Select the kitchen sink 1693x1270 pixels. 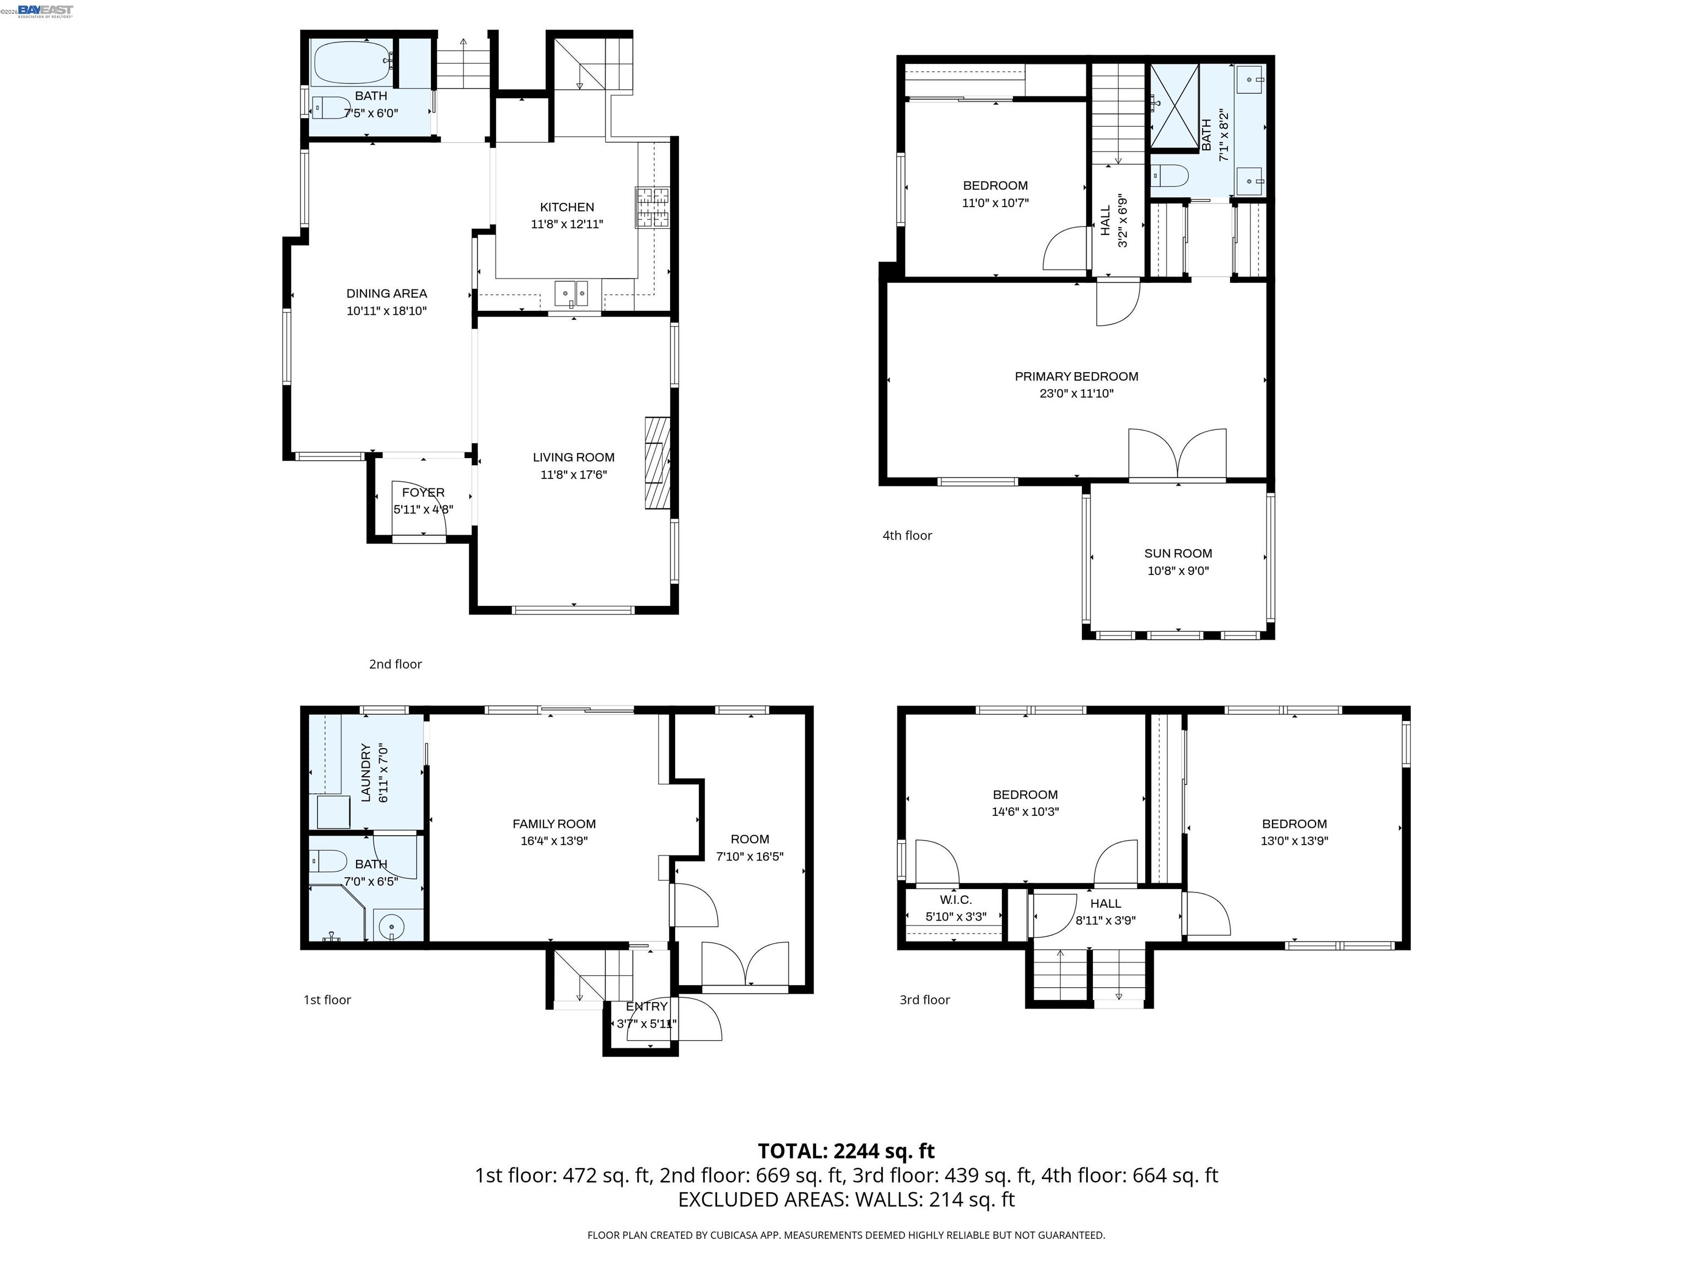(571, 293)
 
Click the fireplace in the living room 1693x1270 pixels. (657, 463)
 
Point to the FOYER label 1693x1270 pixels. (423, 492)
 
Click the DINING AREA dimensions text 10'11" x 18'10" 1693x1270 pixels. (386, 311)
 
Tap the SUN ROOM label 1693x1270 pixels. (1177, 553)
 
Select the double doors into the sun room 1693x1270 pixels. (1177, 455)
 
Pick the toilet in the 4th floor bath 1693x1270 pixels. (1169, 175)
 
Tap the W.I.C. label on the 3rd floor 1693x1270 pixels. (955, 900)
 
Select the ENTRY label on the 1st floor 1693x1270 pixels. (647, 1006)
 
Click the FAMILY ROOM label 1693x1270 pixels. (553, 824)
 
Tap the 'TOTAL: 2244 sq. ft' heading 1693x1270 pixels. (846, 1150)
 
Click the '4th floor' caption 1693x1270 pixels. (907, 535)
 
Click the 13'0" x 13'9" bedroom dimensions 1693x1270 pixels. (1293, 841)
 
